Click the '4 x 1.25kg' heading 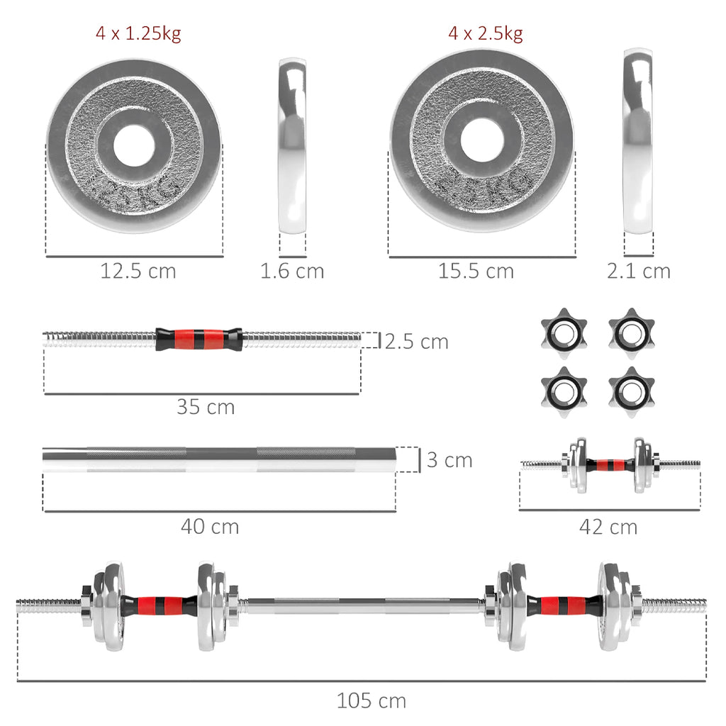(138, 34)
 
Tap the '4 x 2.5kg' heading (485, 34)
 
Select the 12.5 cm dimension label (138, 271)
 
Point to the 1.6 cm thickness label (292, 271)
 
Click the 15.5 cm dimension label (476, 271)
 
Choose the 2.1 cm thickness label (638, 271)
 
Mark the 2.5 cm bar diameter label (417, 342)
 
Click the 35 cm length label (206, 407)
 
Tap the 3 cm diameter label (449, 460)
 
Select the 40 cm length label (210, 527)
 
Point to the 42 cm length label (608, 527)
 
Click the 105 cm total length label (372, 701)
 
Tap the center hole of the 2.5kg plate (481, 139)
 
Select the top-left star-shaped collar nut (564, 330)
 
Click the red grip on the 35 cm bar (199, 340)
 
